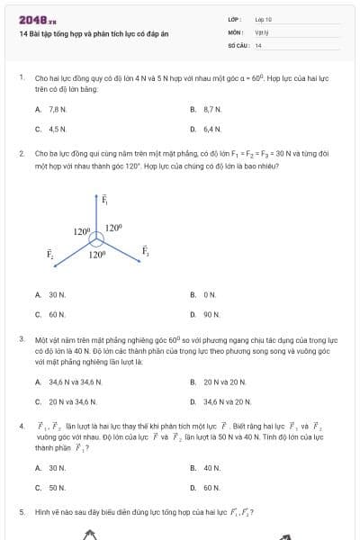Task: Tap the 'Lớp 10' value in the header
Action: pyautogui.click(x=264, y=19)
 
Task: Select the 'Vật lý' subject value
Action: pyautogui.click(x=262, y=31)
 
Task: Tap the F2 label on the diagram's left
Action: pyautogui.click(x=51, y=256)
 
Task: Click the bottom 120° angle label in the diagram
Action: pyautogui.click(x=97, y=256)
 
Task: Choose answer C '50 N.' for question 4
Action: pyautogui.click(x=57, y=487)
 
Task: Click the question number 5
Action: pyautogui.click(x=21, y=512)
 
